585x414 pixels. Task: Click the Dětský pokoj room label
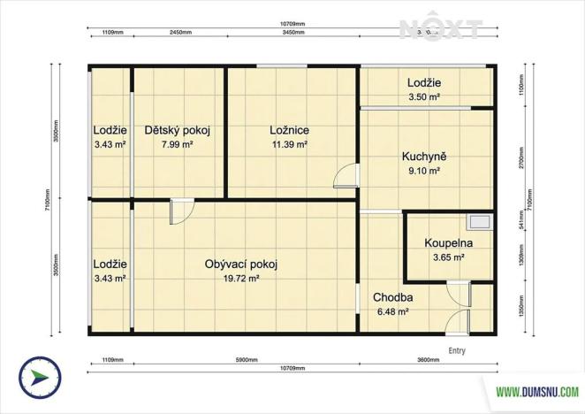[177, 130]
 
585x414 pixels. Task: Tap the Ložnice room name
[289, 130]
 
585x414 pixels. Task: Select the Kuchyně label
[424, 157]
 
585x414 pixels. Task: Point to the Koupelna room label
[448, 243]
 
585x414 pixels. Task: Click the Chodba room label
[393, 297]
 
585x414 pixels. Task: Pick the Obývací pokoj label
[241, 264]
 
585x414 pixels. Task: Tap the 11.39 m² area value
[289, 144]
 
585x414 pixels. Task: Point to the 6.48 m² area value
[393, 311]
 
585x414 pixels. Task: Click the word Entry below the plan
[457, 350]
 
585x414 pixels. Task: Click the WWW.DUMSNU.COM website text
[536, 391]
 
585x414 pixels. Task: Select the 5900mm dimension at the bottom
[246, 360]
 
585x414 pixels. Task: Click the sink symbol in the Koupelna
[481, 223]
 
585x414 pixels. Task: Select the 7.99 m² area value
[177, 144]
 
